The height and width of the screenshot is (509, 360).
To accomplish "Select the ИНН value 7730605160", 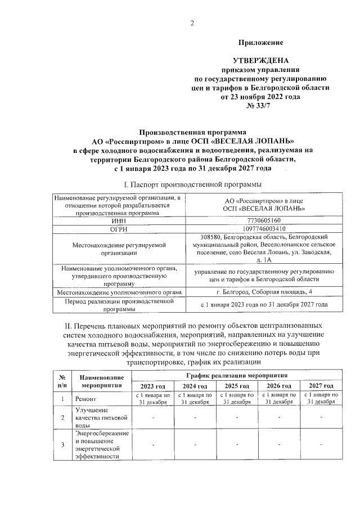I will point(263,220).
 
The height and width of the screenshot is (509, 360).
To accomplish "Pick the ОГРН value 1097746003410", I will point(263,229).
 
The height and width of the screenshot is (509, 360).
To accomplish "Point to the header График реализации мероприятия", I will point(237,374).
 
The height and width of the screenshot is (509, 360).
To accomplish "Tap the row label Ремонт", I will point(87,399).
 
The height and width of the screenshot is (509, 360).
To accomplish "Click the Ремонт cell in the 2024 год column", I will point(195,399).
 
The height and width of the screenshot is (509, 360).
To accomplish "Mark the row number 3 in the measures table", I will point(62,445).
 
